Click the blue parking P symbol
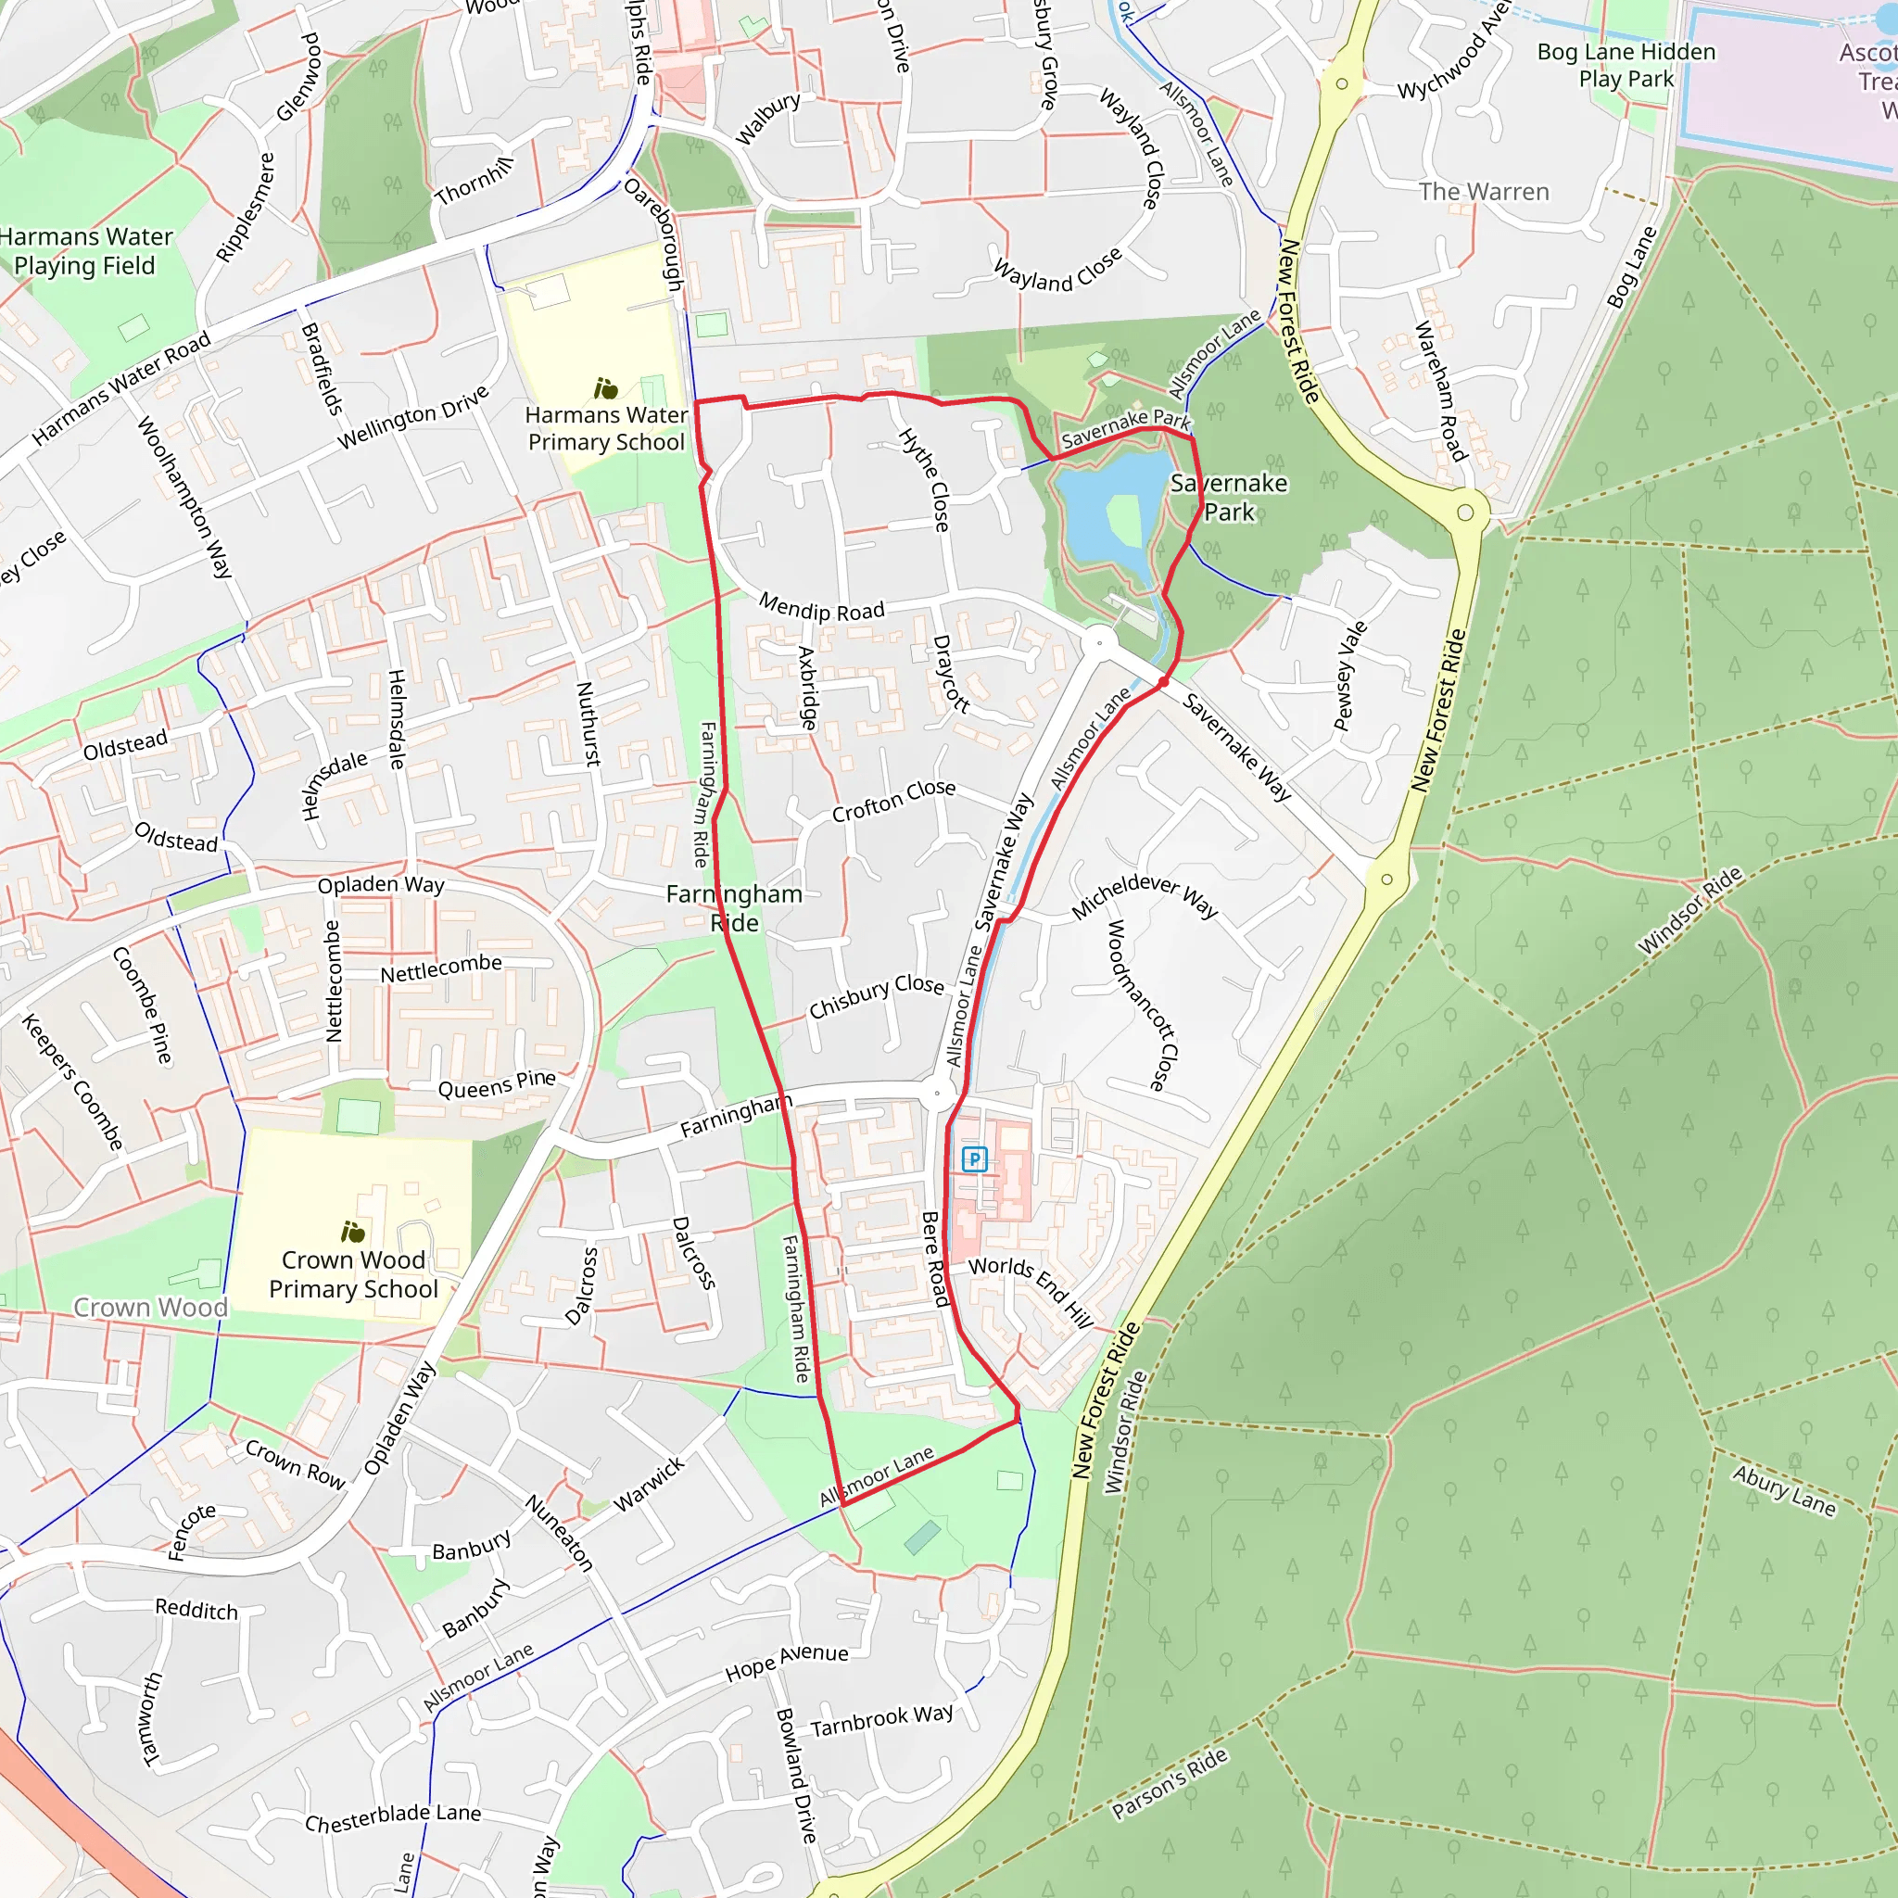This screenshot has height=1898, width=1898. [x=974, y=1159]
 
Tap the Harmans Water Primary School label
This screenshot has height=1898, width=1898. [x=606, y=428]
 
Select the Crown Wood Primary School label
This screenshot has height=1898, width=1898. [x=354, y=1274]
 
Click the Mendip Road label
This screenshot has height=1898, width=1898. [x=821, y=608]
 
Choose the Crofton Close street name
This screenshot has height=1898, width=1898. [x=893, y=801]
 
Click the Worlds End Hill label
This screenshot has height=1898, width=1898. [x=1031, y=1291]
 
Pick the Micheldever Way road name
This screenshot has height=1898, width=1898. [x=1144, y=896]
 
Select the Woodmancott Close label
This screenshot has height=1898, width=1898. [x=1142, y=1005]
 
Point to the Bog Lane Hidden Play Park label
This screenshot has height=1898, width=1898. [x=1626, y=65]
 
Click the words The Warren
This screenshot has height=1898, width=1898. [x=1484, y=192]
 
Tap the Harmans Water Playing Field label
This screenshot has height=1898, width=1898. [x=85, y=251]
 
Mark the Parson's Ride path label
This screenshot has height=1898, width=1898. [x=1169, y=1783]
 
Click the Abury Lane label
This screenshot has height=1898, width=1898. [x=1783, y=1490]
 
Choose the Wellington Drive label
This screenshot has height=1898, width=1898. [x=412, y=418]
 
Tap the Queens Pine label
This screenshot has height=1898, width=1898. [x=496, y=1083]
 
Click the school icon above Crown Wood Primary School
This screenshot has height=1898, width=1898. [x=353, y=1231]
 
